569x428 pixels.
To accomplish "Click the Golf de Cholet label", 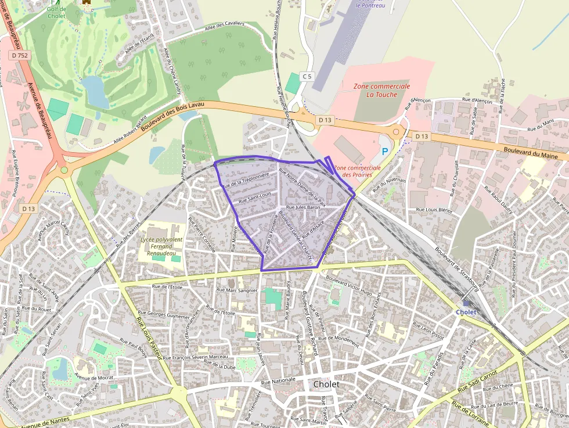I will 56,12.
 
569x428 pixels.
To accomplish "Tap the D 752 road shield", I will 20,56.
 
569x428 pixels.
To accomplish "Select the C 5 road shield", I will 307,76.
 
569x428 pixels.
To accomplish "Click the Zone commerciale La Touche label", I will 382,90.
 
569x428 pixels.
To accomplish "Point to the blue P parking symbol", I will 384,152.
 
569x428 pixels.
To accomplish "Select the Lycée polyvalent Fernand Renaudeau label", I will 161,246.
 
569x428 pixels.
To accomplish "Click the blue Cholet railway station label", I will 466,312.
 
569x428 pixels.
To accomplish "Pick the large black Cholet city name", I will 326,384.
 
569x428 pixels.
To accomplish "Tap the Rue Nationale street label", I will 278,382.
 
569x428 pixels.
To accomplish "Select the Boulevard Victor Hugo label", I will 349,285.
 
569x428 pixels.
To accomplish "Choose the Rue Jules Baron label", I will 304,207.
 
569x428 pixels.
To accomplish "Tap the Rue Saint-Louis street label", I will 255,197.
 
